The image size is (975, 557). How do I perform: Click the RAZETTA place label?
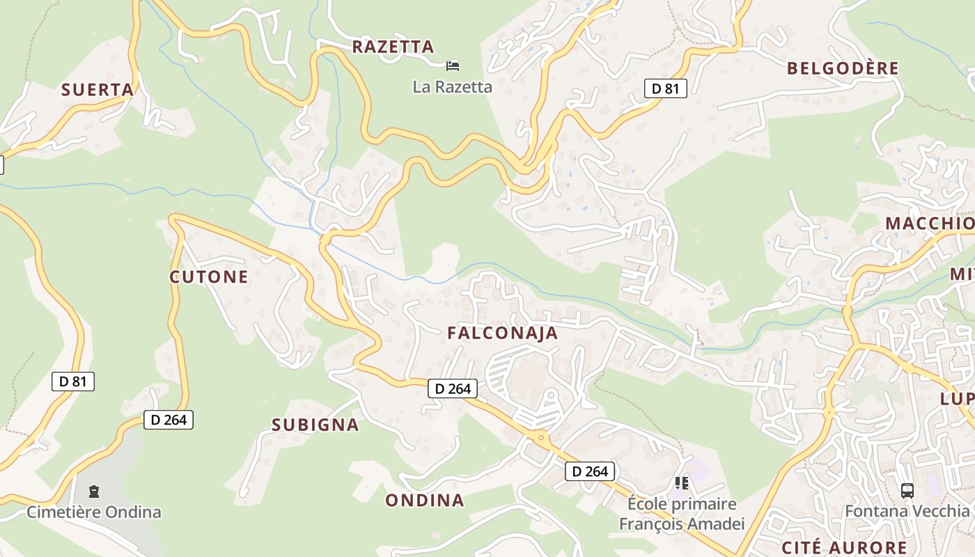393,47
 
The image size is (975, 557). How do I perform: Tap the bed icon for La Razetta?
453,65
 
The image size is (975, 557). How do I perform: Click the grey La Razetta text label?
452,87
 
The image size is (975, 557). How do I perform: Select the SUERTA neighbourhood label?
97,90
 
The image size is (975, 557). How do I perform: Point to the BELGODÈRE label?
843,68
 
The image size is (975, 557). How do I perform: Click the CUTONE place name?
209,277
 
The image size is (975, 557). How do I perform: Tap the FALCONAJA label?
503,334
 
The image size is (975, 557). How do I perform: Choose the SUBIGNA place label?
315,425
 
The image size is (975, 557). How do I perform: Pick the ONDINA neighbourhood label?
425,501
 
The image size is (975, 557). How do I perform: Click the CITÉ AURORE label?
844,547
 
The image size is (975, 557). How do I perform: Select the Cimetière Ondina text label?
94,512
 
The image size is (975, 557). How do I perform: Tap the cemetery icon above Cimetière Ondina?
94,492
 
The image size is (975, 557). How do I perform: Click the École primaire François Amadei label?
682,514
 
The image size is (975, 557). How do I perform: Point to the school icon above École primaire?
682,482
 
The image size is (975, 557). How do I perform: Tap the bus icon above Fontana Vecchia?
907,490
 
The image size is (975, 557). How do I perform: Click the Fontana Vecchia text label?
907,511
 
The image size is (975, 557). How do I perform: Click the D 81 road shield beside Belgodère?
665,88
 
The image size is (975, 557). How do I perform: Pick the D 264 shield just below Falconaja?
453,389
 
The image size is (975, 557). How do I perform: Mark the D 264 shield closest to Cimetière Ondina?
169,420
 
